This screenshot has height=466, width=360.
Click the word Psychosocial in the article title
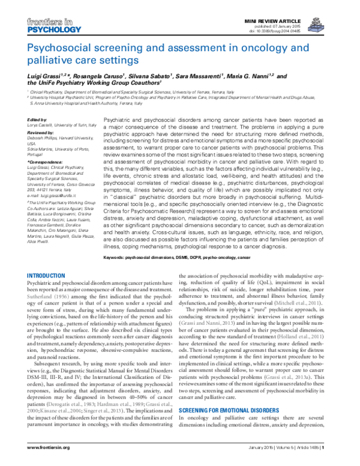click(x=61, y=48)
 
